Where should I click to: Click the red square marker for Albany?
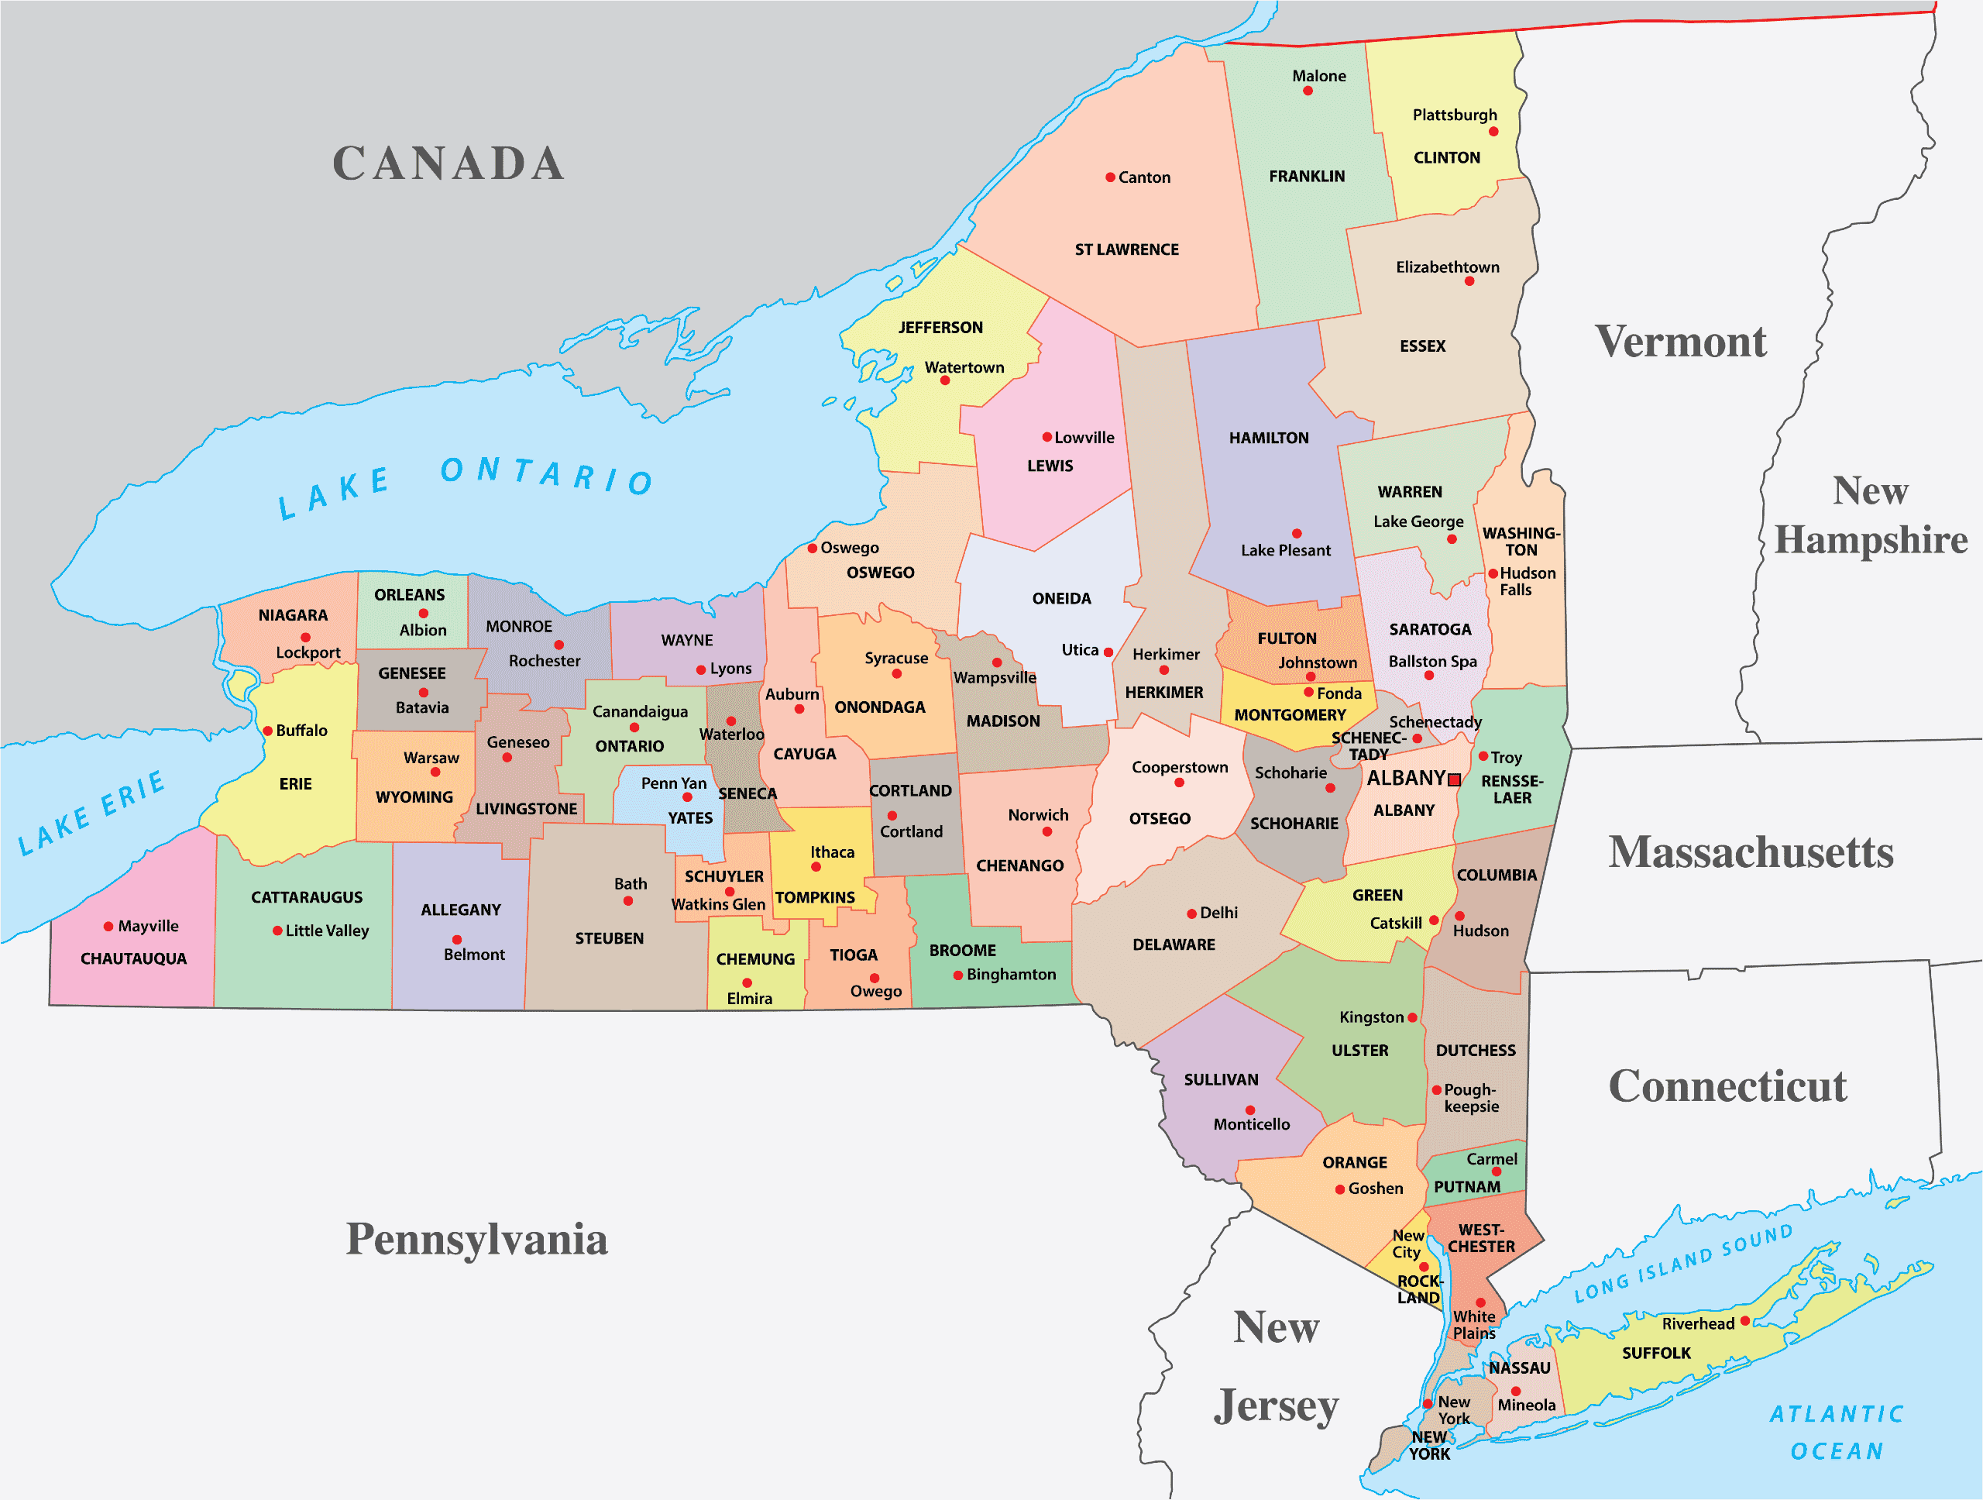pyautogui.click(x=1454, y=780)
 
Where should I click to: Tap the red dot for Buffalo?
pyautogui.click(x=267, y=731)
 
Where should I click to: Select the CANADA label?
pyautogui.click(x=448, y=163)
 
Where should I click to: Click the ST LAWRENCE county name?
pyautogui.click(x=1127, y=249)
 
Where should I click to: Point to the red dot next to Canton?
pyautogui.click(x=1110, y=177)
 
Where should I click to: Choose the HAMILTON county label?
pyautogui.click(x=1269, y=438)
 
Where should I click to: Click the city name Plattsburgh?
pyautogui.click(x=1454, y=115)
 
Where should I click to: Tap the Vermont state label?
pyautogui.click(x=1680, y=342)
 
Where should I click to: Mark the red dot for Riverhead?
pyautogui.click(x=1744, y=1321)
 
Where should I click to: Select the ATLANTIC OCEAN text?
pyautogui.click(x=1837, y=1432)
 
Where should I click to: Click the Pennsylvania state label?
pyautogui.click(x=477, y=1239)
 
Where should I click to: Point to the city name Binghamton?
pyautogui.click(x=1011, y=975)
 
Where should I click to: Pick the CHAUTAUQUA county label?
pyautogui.click(x=133, y=958)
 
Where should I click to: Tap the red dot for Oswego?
pyautogui.click(x=813, y=548)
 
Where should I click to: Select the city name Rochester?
pyautogui.click(x=544, y=661)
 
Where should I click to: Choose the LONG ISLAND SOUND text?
pyautogui.click(x=1682, y=1263)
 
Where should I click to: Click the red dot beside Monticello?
pyautogui.click(x=1249, y=1110)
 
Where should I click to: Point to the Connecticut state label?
pyautogui.click(x=1727, y=1085)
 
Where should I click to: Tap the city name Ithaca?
pyautogui.click(x=832, y=851)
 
